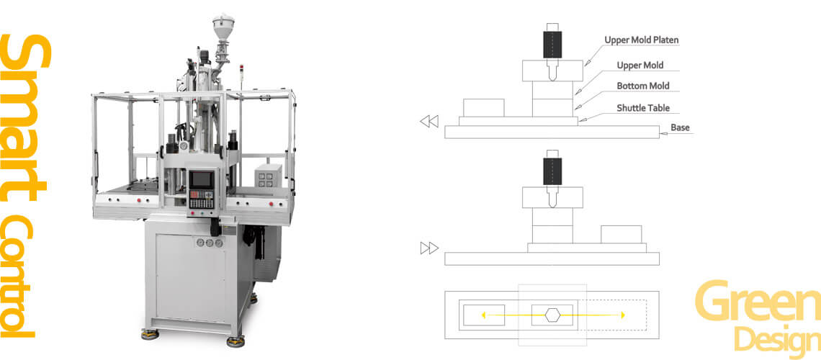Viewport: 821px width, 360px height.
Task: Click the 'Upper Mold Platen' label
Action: pyautogui.click(x=642, y=40)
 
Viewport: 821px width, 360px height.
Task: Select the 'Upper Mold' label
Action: pyautogui.click(x=640, y=66)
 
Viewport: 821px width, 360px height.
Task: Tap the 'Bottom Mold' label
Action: pyautogui.click(x=643, y=86)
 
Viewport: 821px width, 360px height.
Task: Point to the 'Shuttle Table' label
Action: pyautogui.click(x=643, y=108)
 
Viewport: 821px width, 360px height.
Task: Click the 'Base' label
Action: pyautogui.click(x=680, y=127)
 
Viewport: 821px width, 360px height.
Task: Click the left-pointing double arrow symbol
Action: pyautogui.click(x=429, y=122)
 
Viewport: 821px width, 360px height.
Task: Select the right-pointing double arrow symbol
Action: pyautogui.click(x=429, y=248)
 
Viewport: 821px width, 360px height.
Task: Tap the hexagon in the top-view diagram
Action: pyautogui.click(x=552, y=315)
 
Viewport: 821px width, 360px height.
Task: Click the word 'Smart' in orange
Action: pyautogui.click(x=26, y=118)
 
